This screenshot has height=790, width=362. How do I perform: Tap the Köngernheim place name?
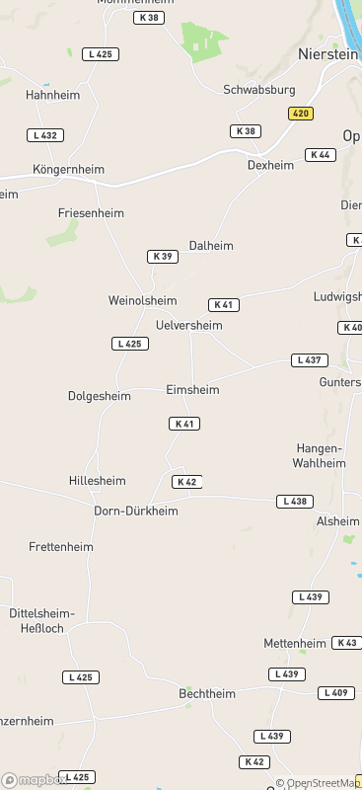(x=68, y=169)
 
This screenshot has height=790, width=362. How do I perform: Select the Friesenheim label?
(x=91, y=213)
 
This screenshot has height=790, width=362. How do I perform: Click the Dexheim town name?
(x=270, y=165)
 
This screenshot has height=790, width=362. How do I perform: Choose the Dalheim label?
(x=211, y=245)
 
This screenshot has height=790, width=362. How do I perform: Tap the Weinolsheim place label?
(x=142, y=300)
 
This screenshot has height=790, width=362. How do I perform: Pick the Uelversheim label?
(x=188, y=325)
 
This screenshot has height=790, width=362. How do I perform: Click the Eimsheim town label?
(x=192, y=390)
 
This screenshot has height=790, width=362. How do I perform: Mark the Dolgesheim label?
(x=99, y=397)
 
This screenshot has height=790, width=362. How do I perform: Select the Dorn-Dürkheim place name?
(x=136, y=511)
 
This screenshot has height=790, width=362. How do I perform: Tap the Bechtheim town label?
(x=207, y=694)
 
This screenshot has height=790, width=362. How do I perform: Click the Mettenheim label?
(x=295, y=643)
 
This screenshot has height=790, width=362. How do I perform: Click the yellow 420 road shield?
(x=301, y=114)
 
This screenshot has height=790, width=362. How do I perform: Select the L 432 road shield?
(x=45, y=135)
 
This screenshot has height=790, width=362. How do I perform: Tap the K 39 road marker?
(x=162, y=257)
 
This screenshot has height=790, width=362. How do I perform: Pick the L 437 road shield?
(x=310, y=360)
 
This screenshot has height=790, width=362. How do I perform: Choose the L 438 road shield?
(x=294, y=502)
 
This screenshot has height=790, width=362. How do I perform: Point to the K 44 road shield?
(x=320, y=155)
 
